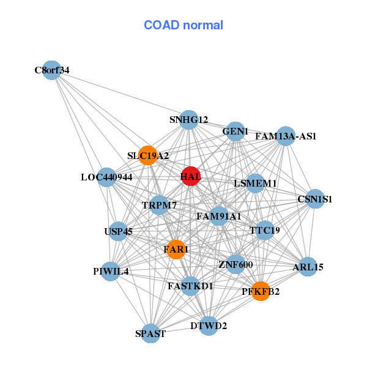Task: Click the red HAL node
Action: click(x=190, y=176)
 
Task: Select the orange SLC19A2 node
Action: click(x=147, y=155)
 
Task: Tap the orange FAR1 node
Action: click(x=176, y=250)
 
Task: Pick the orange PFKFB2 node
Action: click(x=261, y=291)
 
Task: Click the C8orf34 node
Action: click(x=52, y=70)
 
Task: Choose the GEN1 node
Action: click(x=235, y=132)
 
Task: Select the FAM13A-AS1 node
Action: click(x=286, y=136)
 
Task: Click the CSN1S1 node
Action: click(x=314, y=199)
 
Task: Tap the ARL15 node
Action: click(x=308, y=267)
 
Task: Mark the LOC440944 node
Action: click(x=106, y=177)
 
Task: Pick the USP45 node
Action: click(x=118, y=232)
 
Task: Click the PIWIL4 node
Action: click(x=111, y=271)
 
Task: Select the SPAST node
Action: click(x=150, y=334)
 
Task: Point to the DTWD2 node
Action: click(x=209, y=325)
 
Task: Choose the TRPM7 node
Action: click(x=159, y=206)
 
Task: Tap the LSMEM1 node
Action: click(x=255, y=183)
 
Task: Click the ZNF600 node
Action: click(x=235, y=264)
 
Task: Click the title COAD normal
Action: click(x=183, y=25)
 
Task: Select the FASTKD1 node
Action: click(x=190, y=286)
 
